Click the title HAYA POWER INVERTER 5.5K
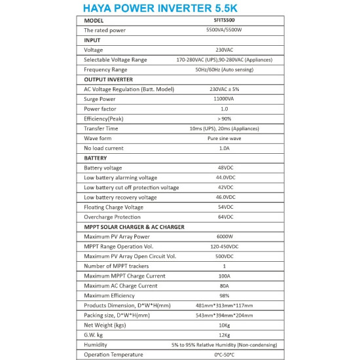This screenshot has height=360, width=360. [179, 10]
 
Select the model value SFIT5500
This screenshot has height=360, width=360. [223, 20]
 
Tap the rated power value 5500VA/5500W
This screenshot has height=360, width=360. [223, 30]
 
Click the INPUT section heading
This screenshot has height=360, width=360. [96, 40]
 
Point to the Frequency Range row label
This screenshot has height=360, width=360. [105, 69]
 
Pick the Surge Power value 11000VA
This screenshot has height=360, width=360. [223, 99]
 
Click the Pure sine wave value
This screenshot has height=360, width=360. [223, 138]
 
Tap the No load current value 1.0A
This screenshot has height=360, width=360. [223, 148]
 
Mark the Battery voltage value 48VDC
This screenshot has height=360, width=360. [223, 168]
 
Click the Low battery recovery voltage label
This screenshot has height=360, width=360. [120, 197]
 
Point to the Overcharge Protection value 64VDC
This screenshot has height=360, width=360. [223, 217]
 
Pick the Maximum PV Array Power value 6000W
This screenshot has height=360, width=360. [223, 236]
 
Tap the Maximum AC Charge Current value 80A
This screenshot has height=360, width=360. [223, 285]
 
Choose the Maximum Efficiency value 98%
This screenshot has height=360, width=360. [223, 295]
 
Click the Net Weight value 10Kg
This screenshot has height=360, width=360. [223, 325]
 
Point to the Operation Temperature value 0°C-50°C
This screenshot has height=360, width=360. [223, 354]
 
